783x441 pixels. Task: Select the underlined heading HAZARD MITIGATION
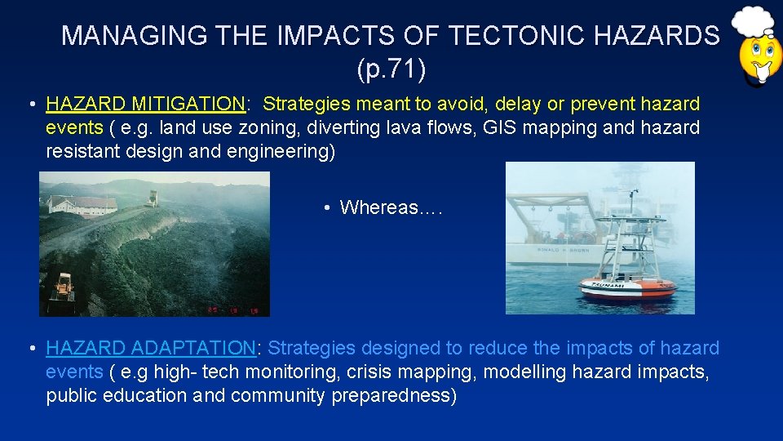tap(145, 105)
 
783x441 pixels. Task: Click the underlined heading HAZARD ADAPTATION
tap(151, 349)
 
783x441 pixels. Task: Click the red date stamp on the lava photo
tap(234, 310)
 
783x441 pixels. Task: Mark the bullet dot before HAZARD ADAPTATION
tap(30, 350)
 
